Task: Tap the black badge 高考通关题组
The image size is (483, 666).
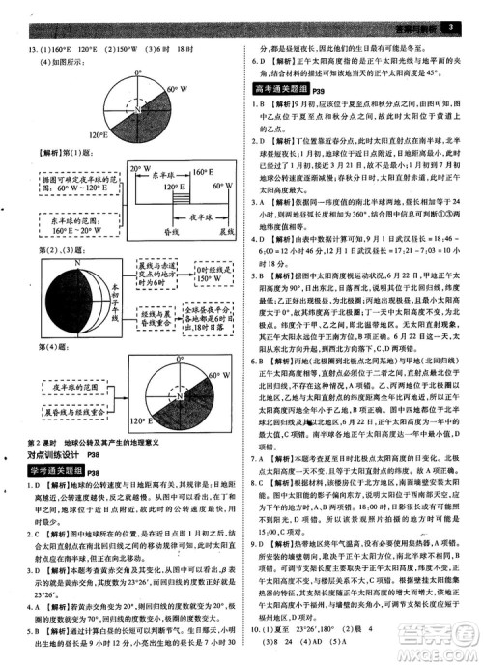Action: [x=280, y=89]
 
